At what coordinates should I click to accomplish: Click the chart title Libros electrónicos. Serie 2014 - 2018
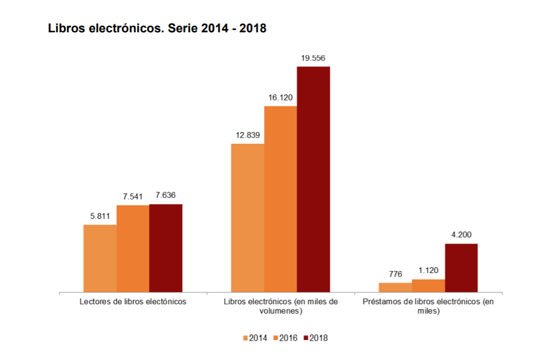tap(157, 28)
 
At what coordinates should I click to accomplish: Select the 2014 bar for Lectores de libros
tap(100, 258)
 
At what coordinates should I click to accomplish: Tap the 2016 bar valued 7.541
tap(133, 249)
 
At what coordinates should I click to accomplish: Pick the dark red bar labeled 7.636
tap(165, 248)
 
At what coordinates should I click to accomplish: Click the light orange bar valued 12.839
tap(247, 218)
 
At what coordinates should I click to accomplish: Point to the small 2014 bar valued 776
tap(395, 287)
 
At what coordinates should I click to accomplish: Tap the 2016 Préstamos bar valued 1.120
tap(428, 285)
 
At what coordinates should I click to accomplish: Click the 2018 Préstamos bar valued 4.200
tap(461, 268)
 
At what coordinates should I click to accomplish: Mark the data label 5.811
tap(100, 216)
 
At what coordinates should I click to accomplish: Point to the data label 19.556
tap(313, 58)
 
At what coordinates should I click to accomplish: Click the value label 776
tap(395, 274)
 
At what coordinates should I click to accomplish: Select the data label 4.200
tap(461, 235)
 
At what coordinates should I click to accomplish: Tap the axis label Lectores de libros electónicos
tap(133, 301)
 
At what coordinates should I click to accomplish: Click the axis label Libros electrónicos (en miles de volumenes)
tap(280, 307)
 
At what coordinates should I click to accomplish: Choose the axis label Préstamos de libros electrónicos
tap(428, 307)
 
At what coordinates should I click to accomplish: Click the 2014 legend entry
tap(255, 338)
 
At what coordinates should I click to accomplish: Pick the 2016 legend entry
tap(285, 338)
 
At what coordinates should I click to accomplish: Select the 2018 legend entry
tap(315, 338)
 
